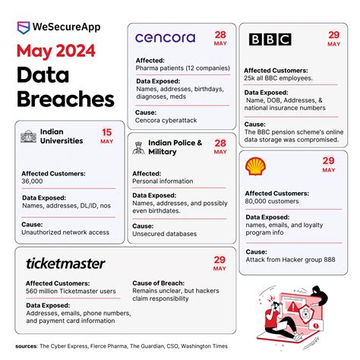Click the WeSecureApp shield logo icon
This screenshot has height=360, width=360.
[x=23, y=26]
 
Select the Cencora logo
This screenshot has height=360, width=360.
[x=165, y=38]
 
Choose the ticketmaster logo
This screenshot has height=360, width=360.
[x=65, y=264]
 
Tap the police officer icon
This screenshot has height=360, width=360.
[x=138, y=148]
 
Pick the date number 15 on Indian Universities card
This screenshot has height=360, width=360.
[x=107, y=132]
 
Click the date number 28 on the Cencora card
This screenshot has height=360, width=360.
[x=219, y=35]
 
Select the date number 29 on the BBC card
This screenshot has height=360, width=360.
[x=333, y=35]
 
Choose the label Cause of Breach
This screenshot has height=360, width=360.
[x=162, y=283]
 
